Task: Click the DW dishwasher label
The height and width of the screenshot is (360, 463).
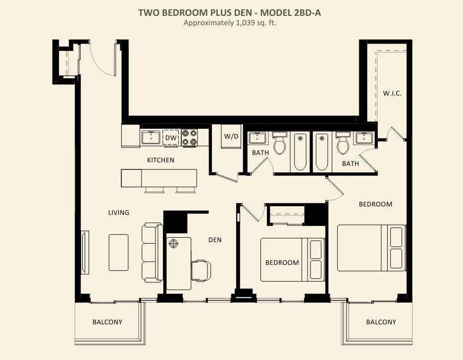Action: coord(171,138)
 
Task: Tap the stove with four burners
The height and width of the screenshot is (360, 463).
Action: coord(189,137)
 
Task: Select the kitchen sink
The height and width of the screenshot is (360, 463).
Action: coord(151,137)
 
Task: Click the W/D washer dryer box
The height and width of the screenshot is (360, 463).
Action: coord(231,137)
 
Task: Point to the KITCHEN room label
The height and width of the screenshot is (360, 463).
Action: coord(160,160)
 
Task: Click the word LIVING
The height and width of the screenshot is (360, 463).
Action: coord(119,212)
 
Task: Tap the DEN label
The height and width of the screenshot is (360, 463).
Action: coord(215,240)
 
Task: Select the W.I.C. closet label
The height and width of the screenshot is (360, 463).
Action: coord(392,93)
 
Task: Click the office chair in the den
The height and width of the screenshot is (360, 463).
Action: coord(201,270)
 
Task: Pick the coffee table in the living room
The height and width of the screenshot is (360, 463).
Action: coord(118,253)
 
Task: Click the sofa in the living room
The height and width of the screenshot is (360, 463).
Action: coord(152,253)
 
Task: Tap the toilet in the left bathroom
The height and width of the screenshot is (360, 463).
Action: coord(279,143)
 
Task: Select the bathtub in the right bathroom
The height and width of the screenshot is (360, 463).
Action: coord(322,152)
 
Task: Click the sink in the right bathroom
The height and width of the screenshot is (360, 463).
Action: coord(364,138)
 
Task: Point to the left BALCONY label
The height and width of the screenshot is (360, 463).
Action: coord(107,322)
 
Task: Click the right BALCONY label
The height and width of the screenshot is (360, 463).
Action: coord(381,322)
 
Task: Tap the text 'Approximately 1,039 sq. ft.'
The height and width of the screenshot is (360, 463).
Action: coord(230,23)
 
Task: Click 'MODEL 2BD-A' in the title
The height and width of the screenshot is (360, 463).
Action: coord(290,13)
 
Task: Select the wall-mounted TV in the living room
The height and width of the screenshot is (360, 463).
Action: coord(85,253)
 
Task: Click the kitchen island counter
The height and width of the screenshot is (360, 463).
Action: coord(159,178)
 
